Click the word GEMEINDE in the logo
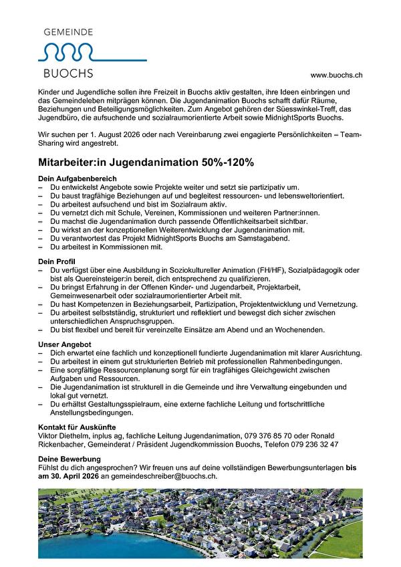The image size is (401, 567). click(x=68, y=31)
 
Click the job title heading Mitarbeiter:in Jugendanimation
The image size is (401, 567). click(x=118, y=162)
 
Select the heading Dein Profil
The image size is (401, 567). click(x=57, y=259)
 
